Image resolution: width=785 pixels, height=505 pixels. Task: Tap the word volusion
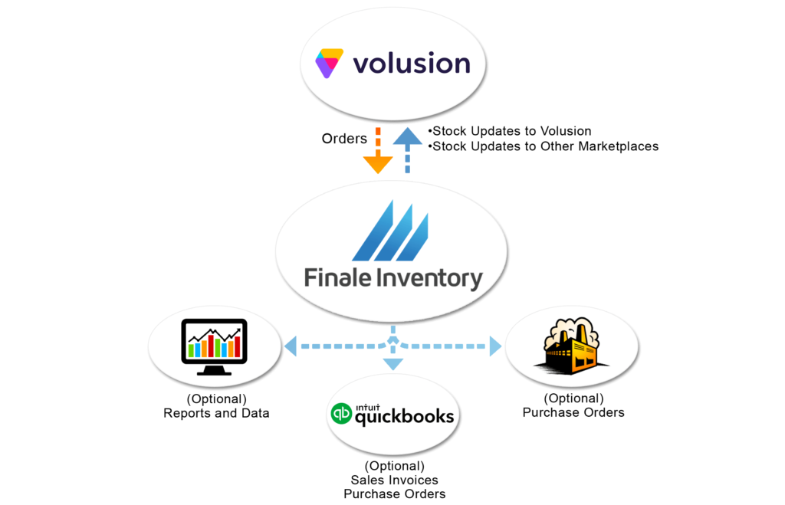pos(411,63)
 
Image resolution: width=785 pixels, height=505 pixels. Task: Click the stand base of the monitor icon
pos(212,372)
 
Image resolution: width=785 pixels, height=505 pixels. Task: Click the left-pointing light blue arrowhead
pos(291,347)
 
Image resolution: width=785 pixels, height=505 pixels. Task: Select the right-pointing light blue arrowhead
pos(495,347)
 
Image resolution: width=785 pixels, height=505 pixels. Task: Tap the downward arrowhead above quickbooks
pos(392,364)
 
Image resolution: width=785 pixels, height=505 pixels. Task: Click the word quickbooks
pos(403,418)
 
